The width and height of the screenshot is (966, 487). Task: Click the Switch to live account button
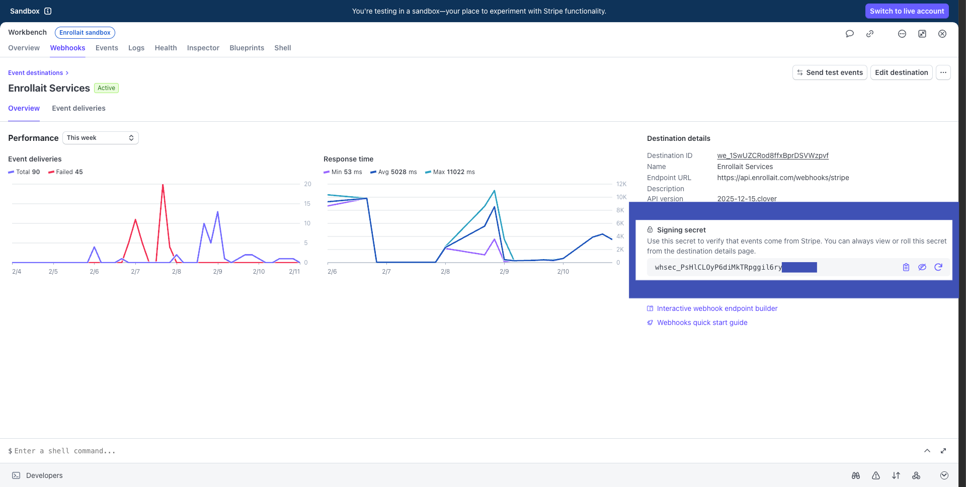(907, 11)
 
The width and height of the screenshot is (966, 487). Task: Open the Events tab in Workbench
(107, 48)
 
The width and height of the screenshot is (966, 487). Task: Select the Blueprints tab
(247, 48)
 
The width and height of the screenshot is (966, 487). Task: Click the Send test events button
(829, 72)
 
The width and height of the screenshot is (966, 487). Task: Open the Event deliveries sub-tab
(78, 108)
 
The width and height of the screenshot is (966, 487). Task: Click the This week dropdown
(100, 138)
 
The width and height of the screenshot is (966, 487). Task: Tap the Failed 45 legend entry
(65, 172)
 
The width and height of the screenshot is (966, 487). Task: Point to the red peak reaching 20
(163, 185)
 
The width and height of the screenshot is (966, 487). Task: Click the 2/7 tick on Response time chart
(386, 272)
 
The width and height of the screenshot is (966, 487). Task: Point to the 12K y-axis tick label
(621, 184)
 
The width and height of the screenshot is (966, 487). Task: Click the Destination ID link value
(772, 155)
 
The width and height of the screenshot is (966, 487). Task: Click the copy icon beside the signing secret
(906, 267)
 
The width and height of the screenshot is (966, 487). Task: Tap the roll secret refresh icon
(938, 267)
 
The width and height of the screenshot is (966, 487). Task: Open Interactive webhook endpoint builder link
(716, 308)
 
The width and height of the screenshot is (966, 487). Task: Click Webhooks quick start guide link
(701, 322)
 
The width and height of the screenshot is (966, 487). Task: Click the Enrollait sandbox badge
(85, 33)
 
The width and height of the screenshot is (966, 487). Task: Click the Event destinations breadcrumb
(35, 73)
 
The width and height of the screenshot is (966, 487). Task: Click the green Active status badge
(106, 88)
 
